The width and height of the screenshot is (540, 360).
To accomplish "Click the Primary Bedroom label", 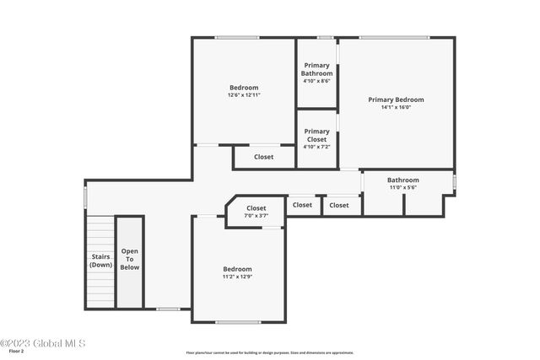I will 396,99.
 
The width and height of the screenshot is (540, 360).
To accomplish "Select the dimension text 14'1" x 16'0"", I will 396,107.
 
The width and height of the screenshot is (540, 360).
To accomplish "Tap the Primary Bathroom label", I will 317,70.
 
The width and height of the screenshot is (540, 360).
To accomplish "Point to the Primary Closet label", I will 317,135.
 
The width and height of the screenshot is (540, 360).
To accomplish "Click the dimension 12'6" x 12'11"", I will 244,95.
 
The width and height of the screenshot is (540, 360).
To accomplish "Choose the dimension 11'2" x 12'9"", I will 237,277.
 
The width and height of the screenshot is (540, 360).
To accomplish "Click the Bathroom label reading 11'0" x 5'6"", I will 402,180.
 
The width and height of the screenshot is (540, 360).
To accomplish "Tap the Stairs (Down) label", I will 100,261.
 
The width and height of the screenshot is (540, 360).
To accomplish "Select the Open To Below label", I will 129,259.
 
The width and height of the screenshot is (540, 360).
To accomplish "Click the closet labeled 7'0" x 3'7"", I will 256,208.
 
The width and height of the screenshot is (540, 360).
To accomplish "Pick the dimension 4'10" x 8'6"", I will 317,82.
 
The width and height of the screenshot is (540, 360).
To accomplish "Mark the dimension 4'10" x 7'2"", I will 317,147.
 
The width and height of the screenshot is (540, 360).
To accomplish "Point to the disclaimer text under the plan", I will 269,353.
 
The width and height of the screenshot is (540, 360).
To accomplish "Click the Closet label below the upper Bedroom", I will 263,157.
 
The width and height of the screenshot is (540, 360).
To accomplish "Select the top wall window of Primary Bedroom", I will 393,37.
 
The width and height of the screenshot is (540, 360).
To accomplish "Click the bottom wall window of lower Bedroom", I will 237,322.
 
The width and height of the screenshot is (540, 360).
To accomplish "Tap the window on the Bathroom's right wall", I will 454,181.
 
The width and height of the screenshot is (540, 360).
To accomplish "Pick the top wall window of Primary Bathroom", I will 325,37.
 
